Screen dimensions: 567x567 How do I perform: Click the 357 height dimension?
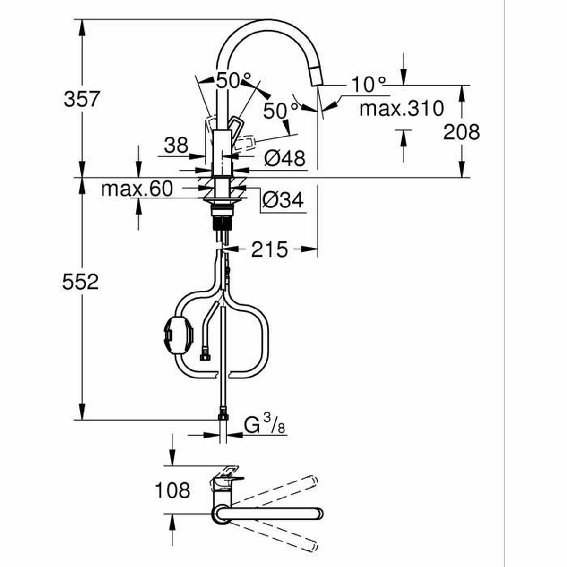[82, 99]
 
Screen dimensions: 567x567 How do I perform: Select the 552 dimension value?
[81, 282]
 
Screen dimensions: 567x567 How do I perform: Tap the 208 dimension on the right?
[461, 132]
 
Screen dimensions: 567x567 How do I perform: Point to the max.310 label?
[401, 109]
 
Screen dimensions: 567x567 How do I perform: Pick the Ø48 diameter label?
[284, 158]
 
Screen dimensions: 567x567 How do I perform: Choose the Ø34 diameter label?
[283, 201]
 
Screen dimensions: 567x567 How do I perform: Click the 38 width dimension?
[176, 145]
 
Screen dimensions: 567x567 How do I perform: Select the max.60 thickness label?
[137, 189]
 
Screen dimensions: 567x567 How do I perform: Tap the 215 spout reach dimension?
[269, 249]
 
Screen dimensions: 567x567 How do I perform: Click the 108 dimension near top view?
[172, 490]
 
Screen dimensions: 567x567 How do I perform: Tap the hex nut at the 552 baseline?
[223, 417]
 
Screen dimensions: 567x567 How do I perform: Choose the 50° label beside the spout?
[281, 111]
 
